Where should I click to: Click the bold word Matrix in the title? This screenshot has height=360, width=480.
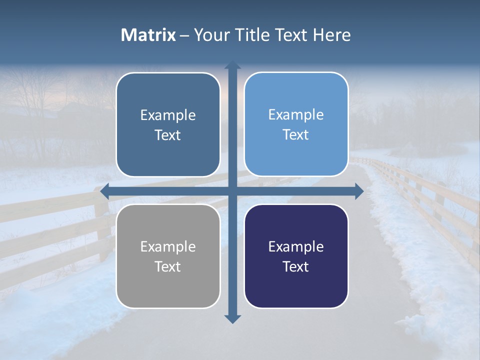pos(148,35)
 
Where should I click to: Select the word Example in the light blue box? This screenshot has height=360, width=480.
pos(296,114)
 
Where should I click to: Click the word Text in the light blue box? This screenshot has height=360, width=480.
pos(296,134)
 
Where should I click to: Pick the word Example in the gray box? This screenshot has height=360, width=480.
pos(168,246)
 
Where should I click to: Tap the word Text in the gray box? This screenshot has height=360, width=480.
pos(168,266)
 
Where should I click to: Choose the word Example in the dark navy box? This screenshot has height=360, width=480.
pos(296,246)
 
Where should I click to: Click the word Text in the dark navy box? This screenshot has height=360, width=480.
pos(296,266)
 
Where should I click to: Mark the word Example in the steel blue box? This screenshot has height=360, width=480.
pos(168,115)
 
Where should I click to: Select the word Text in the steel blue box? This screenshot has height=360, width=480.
pos(168,135)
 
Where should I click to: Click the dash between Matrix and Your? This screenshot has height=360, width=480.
pos(184,35)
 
